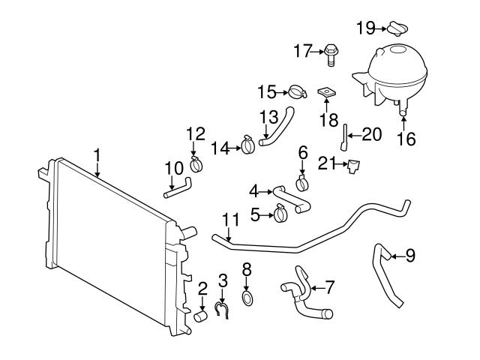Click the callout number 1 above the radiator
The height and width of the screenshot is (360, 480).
click(x=97, y=154)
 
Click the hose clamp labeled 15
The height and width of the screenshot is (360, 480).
click(x=298, y=94)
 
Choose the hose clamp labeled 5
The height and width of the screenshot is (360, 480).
click(x=280, y=215)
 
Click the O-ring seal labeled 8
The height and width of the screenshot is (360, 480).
click(x=247, y=298)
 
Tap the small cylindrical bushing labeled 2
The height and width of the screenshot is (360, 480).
click(x=201, y=316)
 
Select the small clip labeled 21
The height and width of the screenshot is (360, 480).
click(x=351, y=166)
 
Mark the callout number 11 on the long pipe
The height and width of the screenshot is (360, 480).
click(x=230, y=220)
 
